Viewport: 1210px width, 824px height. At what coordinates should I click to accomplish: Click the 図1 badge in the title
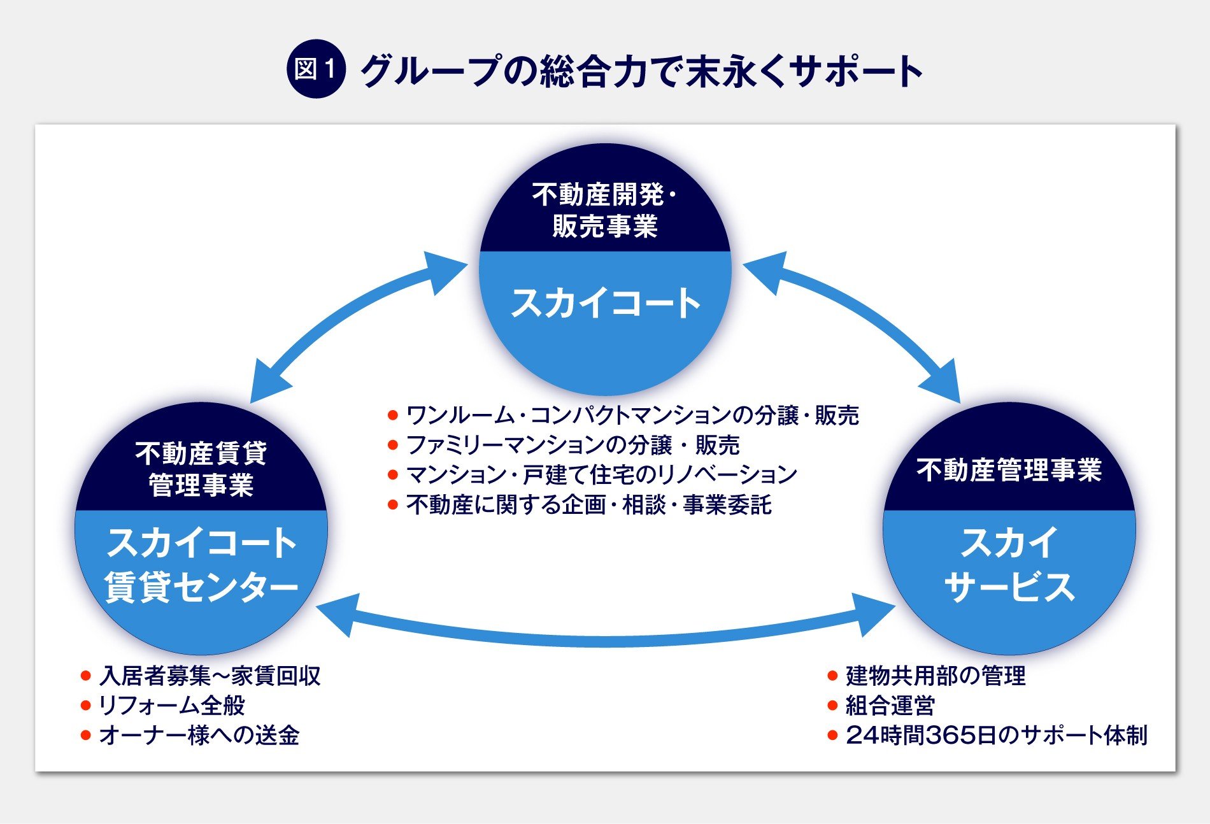click(x=316, y=69)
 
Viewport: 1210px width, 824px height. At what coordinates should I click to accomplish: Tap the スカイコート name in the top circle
click(x=605, y=303)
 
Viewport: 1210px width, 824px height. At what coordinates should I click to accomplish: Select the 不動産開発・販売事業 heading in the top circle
click(x=605, y=210)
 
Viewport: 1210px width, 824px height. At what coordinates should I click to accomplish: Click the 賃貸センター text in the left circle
click(x=201, y=586)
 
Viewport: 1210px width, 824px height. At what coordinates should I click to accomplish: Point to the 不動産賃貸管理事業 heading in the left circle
click(x=201, y=469)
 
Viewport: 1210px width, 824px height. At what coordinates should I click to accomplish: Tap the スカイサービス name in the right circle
click(x=1009, y=564)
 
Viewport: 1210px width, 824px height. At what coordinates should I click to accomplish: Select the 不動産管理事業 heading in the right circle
click(x=1009, y=470)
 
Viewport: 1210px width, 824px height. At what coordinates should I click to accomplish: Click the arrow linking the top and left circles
click(x=357, y=325)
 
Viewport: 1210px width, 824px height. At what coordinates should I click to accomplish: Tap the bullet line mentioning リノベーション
click(x=601, y=475)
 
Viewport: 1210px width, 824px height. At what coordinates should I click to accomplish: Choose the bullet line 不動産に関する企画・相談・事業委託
click(x=588, y=505)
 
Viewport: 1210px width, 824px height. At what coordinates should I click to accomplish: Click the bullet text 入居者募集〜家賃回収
click(x=210, y=676)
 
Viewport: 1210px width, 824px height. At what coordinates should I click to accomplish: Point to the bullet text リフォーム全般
click(x=172, y=706)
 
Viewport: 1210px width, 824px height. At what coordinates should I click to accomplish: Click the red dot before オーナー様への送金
click(x=86, y=736)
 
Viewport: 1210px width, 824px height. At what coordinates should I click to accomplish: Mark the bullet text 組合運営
click(x=890, y=706)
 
